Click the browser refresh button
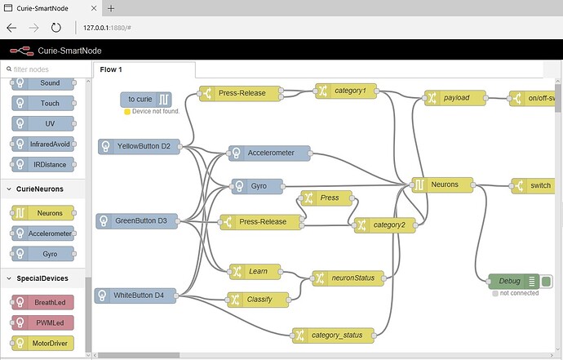[x=55, y=27]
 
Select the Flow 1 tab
[x=112, y=70]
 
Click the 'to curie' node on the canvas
[x=146, y=100]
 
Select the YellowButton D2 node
[x=140, y=147]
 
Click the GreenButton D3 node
[x=137, y=220]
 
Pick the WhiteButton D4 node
[x=135, y=295]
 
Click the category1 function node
[x=347, y=91]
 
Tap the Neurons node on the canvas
[x=442, y=185]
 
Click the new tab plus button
[x=111, y=7]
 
